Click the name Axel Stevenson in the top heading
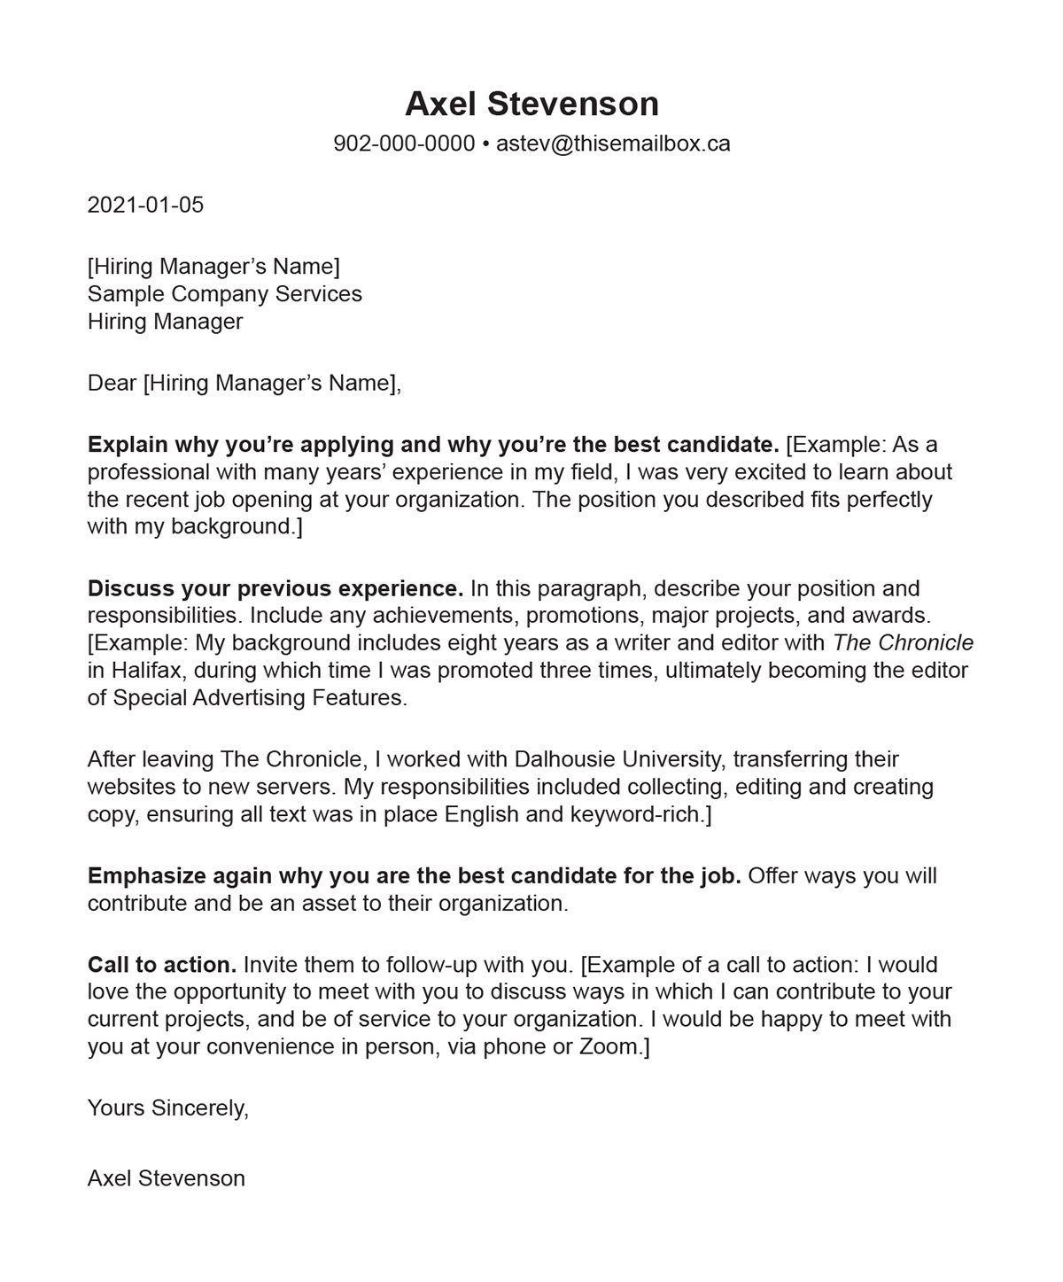pyautogui.click(x=531, y=104)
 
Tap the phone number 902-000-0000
pyautogui.click(x=404, y=144)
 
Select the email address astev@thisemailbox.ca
pyautogui.click(x=613, y=144)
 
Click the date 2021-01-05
pyautogui.click(x=145, y=205)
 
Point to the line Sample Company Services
pyautogui.click(x=225, y=293)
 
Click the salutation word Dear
pyautogui.click(x=112, y=383)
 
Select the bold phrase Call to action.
pyautogui.click(x=162, y=964)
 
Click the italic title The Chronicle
pyautogui.click(x=904, y=642)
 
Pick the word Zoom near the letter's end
pyautogui.click(x=609, y=1046)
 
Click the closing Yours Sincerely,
pyautogui.click(x=168, y=1107)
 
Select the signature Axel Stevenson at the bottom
pyautogui.click(x=167, y=1178)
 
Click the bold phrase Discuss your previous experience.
pyautogui.click(x=275, y=588)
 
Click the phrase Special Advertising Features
pyautogui.click(x=260, y=697)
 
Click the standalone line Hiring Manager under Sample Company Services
pyautogui.click(x=165, y=321)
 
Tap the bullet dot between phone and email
pyautogui.click(x=485, y=144)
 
